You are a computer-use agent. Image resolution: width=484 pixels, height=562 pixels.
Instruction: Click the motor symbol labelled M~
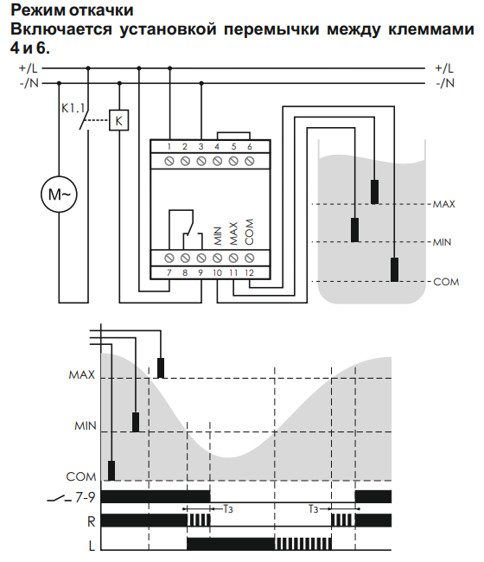[59, 195]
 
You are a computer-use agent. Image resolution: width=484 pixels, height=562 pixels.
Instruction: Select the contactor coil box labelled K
[119, 120]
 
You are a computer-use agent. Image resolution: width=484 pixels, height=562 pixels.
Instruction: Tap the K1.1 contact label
[73, 108]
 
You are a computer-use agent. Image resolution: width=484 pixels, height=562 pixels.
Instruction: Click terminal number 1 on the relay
[169, 146]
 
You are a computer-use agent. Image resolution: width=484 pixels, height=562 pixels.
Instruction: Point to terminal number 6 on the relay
[250, 146]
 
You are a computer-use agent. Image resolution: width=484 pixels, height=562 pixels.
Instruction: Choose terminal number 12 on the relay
[249, 272]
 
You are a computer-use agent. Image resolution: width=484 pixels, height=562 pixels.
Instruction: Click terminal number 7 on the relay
[169, 272]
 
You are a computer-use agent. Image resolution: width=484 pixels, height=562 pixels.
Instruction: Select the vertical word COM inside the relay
[249, 232]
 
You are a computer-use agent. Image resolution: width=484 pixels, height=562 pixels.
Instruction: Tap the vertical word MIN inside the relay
[218, 236]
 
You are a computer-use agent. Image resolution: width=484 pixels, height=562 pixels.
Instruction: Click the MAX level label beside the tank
[444, 204]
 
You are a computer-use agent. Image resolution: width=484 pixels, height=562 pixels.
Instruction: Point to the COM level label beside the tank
[446, 282]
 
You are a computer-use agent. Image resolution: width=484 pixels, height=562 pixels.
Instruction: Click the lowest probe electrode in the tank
[394, 270]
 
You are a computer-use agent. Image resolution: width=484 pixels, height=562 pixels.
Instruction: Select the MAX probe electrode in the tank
[375, 192]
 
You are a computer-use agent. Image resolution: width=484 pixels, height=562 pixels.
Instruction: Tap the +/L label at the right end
[444, 68]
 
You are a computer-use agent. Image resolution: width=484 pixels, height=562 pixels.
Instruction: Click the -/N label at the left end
[29, 83]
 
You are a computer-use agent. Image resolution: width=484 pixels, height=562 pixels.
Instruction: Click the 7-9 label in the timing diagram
[86, 497]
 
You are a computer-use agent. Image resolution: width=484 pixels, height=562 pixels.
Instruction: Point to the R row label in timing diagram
[92, 521]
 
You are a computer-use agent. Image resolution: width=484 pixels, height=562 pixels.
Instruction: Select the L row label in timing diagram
[92, 546]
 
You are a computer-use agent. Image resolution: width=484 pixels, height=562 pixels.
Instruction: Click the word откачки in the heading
[101, 10]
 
